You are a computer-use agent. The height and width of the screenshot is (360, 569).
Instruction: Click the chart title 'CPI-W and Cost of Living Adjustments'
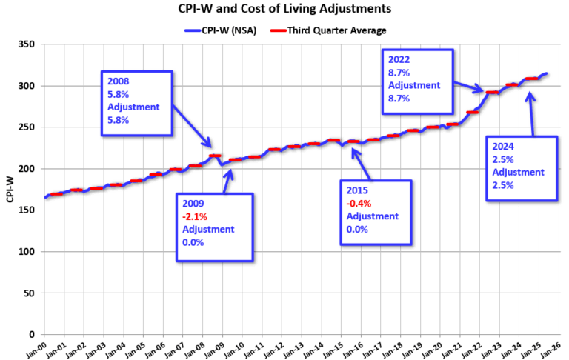pyautogui.click(x=284, y=10)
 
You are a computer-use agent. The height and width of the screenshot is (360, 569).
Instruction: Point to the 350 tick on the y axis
pyautogui.click(x=28, y=44)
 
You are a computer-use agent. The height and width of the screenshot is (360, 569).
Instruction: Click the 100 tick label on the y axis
pyautogui.click(x=28, y=252)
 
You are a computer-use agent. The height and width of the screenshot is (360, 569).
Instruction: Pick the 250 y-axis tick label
pyautogui.click(x=28, y=127)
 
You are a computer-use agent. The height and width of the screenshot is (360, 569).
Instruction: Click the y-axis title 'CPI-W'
pyautogui.click(x=10, y=190)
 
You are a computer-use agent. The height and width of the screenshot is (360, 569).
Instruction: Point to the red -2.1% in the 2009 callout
pyautogui.click(x=195, y=217)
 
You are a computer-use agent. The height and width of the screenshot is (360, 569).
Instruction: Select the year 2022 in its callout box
pyautogui.click(x=399, y=60)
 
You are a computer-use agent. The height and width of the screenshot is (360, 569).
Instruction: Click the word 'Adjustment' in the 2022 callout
pyautogui.click(x=413, y=85)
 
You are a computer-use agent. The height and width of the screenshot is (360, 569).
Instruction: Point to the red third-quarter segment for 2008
pyautogui.click(x=215, y=156)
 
